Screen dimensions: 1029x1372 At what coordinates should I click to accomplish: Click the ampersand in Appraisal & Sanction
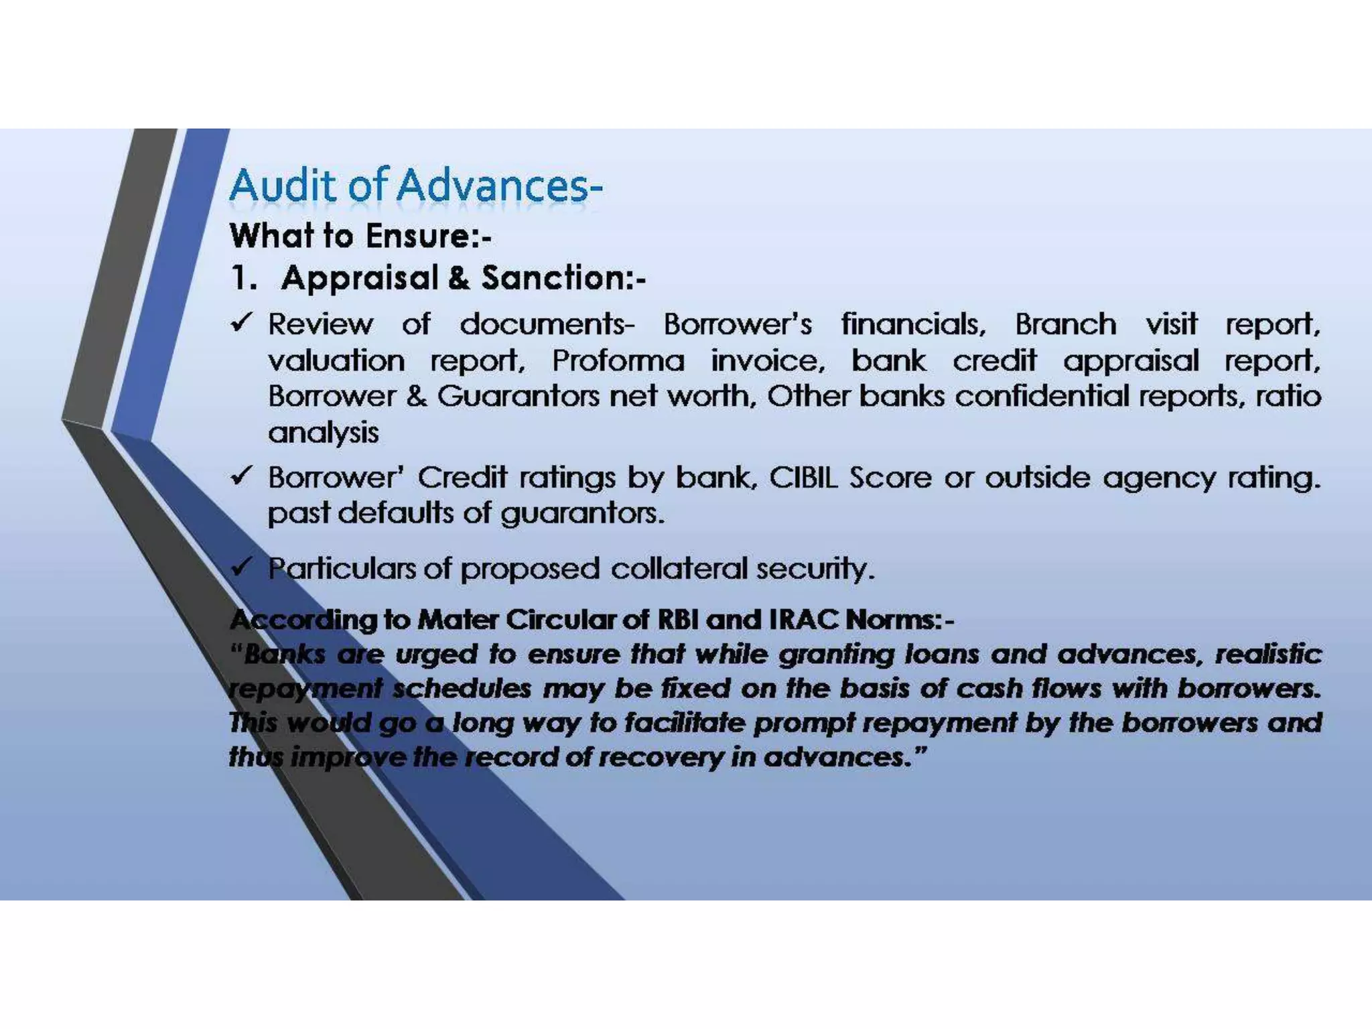[x=459, y=278]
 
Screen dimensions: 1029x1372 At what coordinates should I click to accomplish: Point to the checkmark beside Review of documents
[x=241, y=324]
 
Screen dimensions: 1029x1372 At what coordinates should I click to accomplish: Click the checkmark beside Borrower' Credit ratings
[x=241, y=476]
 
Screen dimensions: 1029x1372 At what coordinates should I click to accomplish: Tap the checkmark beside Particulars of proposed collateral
[x=241, y=567]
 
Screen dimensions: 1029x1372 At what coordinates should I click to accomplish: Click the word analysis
[x=323, y=433]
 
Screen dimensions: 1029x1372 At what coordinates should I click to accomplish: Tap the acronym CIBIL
[x=803, y=478]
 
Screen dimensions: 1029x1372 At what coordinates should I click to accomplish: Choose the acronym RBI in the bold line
[x=678, y=620]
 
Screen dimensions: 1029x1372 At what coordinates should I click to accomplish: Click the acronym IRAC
[x=803, y=620]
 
